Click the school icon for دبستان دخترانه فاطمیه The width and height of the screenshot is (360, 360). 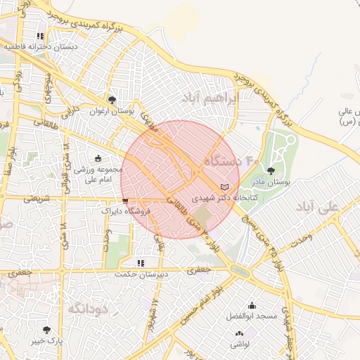click(x=40, y=36)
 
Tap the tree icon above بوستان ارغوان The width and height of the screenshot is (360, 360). click(x=112, y=100)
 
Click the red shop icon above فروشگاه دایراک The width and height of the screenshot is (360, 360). click(x=125, y=200)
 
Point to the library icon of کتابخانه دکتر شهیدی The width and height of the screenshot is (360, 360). click(x=224, y=187)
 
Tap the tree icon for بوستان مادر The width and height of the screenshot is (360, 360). click(x=272, y=170)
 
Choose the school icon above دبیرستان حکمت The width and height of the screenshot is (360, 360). click(x=141, y=263)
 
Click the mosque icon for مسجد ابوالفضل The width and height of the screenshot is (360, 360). click(x=252, y=305)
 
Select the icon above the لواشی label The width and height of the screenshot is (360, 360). click(x=239, y=333)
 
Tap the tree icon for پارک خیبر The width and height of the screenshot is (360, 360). click(x=46, y=329)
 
